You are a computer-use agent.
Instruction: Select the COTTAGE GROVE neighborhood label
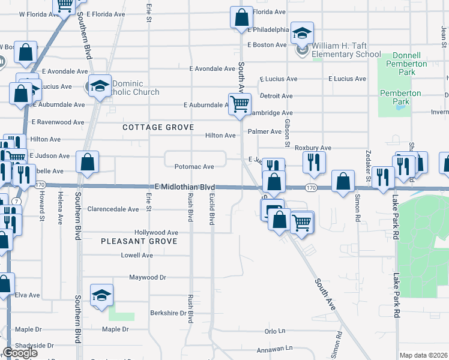(x=158, y=128)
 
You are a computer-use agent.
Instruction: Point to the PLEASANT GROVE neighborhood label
(x=139, y=241)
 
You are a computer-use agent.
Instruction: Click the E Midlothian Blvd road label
(x=184, y=187)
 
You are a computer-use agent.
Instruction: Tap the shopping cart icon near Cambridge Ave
(x=240, y=104)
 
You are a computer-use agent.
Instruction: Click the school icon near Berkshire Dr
(x=101, y=295)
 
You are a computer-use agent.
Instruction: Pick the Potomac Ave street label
(x=194, y=167)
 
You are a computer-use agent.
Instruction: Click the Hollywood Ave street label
(x=156, y=232)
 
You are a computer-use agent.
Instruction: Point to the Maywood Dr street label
(x=148, y=277)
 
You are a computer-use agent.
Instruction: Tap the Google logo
(x=20, y=353)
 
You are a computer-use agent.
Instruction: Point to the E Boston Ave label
(x=268, y=45)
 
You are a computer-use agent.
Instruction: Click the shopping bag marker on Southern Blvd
(x=88, y=162)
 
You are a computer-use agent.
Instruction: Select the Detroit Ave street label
(x=276, y=96)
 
